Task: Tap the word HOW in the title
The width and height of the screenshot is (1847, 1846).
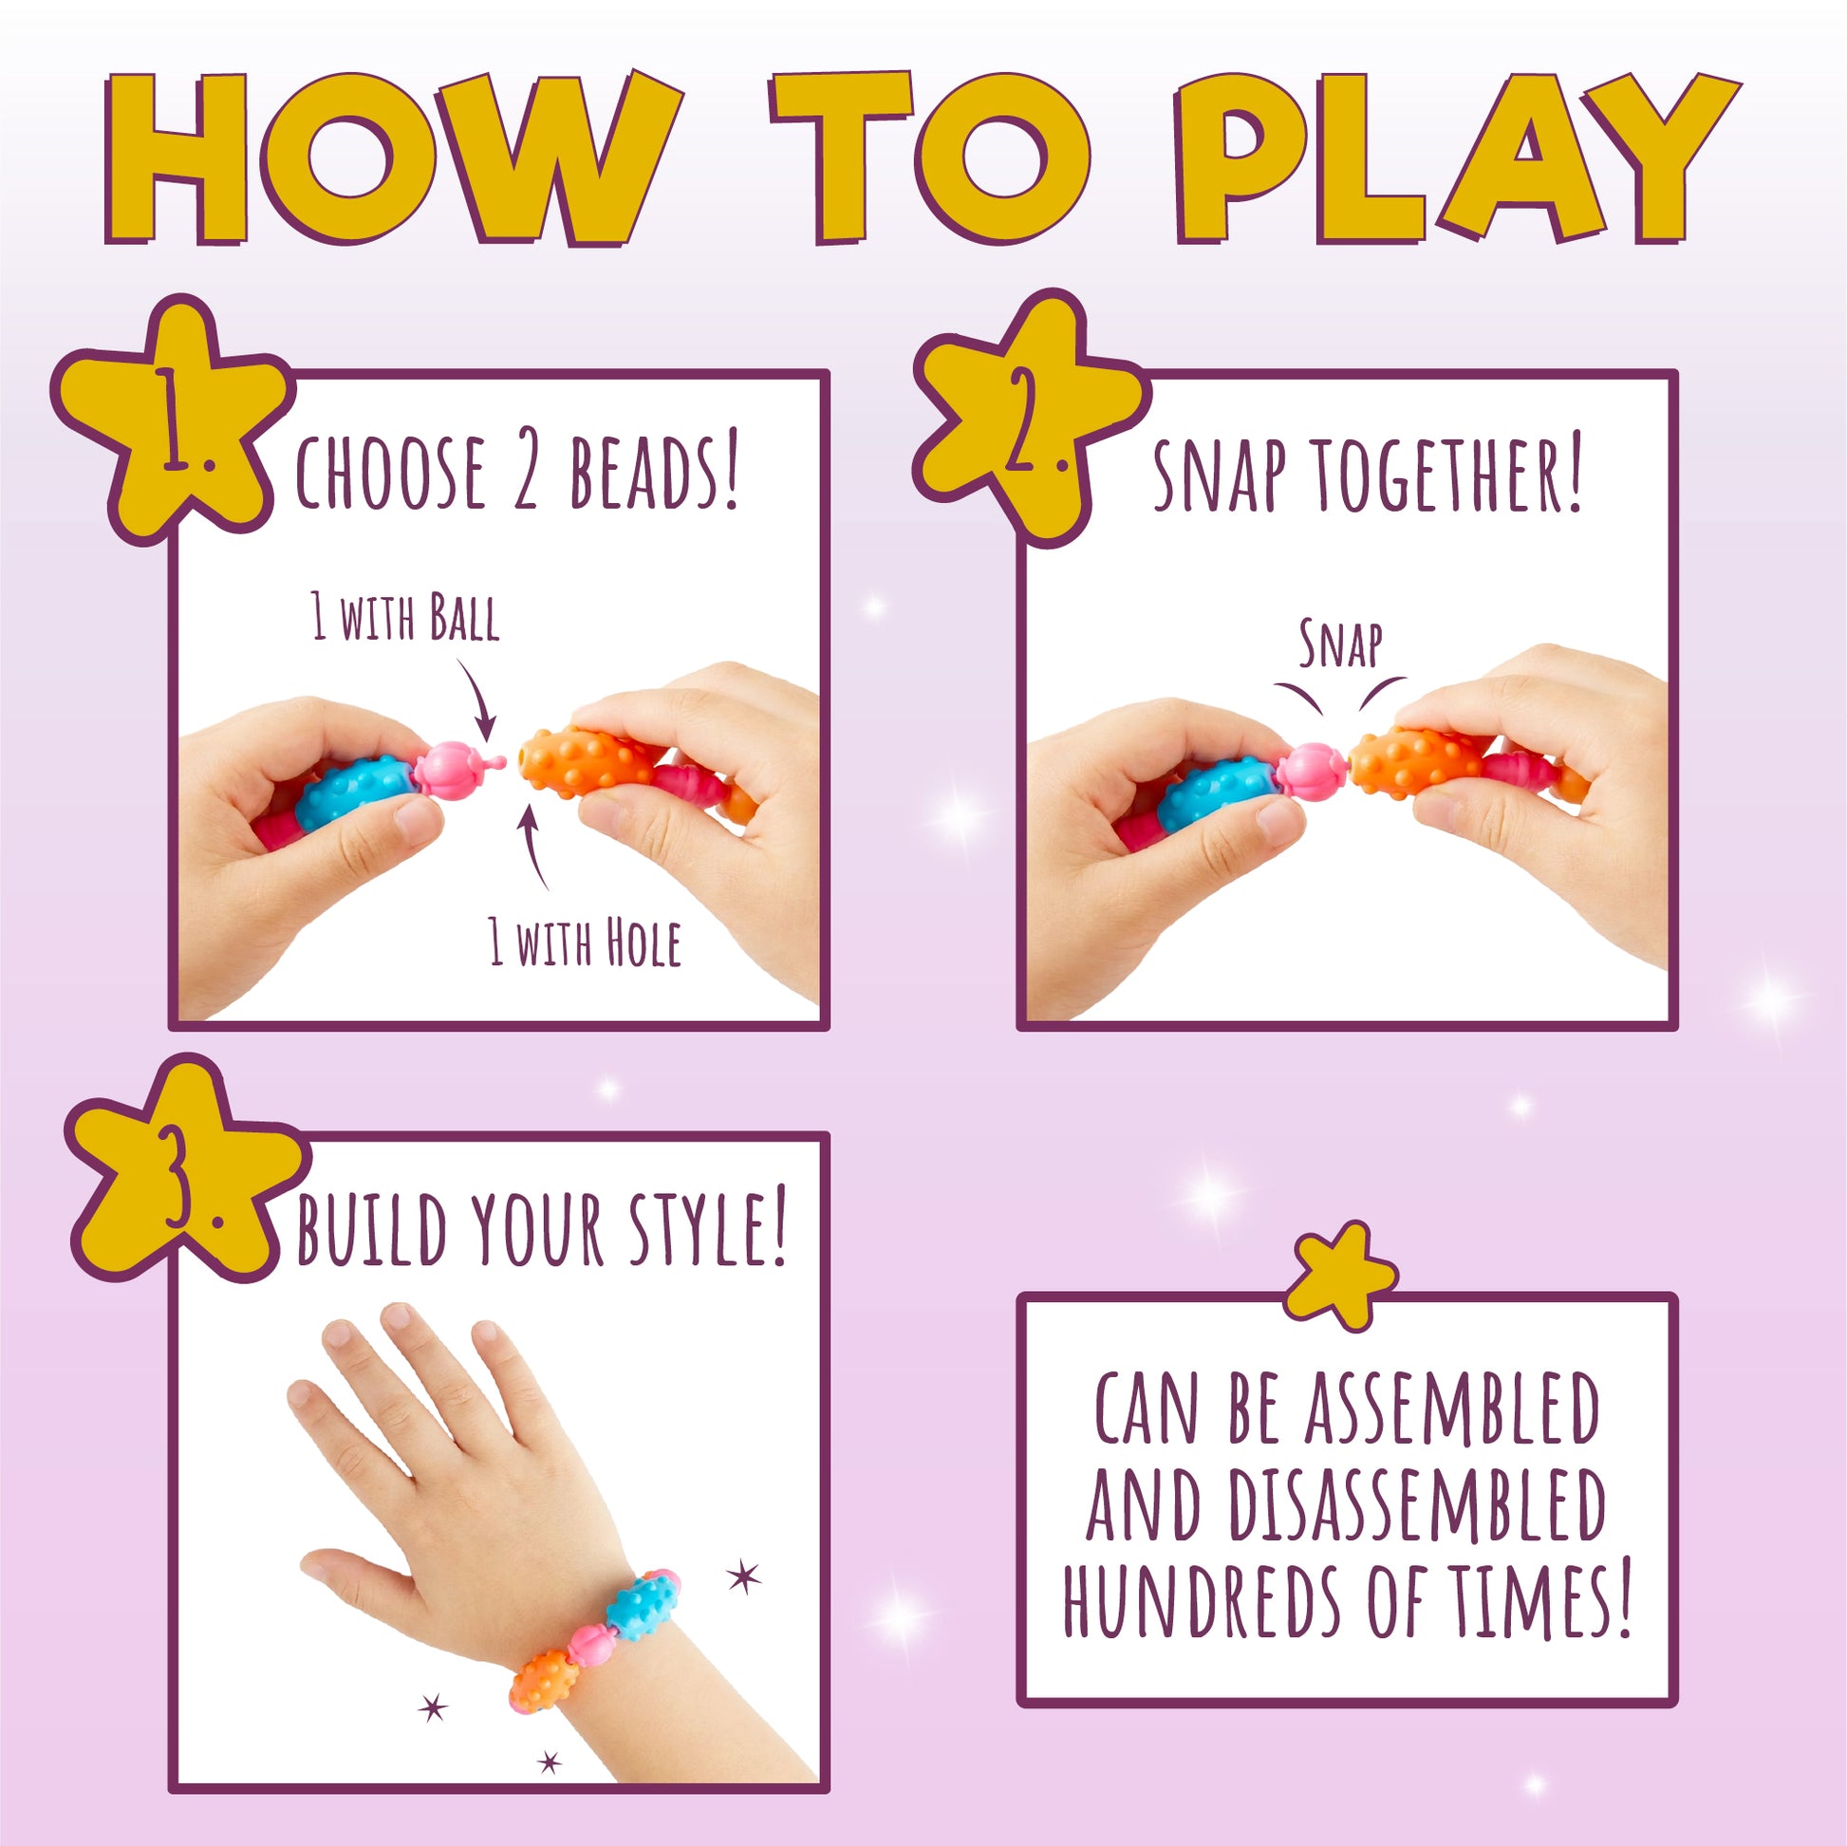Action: (392, 158)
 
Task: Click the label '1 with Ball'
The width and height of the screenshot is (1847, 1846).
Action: (405, 617)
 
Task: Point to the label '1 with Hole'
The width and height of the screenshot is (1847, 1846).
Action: (584, 942)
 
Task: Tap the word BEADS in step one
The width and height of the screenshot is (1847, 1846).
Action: (654, 473)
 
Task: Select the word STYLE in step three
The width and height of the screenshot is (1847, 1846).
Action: (707, 1228)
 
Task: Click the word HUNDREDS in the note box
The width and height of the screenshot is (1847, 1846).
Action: (1204, 1601)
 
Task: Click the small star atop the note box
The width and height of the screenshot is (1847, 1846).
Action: (1340, 1277)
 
